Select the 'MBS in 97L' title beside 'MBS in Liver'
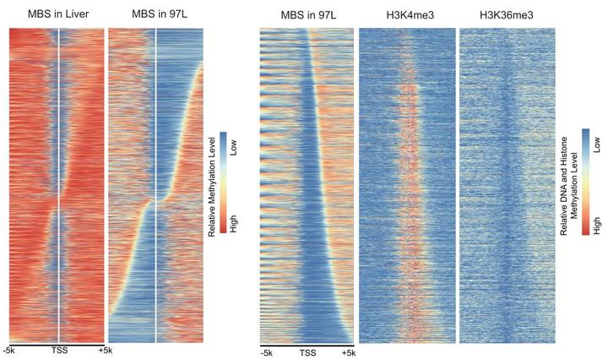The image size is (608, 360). pos(155,14)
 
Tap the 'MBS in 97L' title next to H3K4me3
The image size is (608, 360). pos(306,14)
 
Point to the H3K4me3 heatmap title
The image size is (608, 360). pos(406,14)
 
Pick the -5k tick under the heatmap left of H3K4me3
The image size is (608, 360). pos(267,353)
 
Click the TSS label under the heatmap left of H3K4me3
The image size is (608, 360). pos(307,353)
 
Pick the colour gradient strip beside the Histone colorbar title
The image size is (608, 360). pos(586,181)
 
